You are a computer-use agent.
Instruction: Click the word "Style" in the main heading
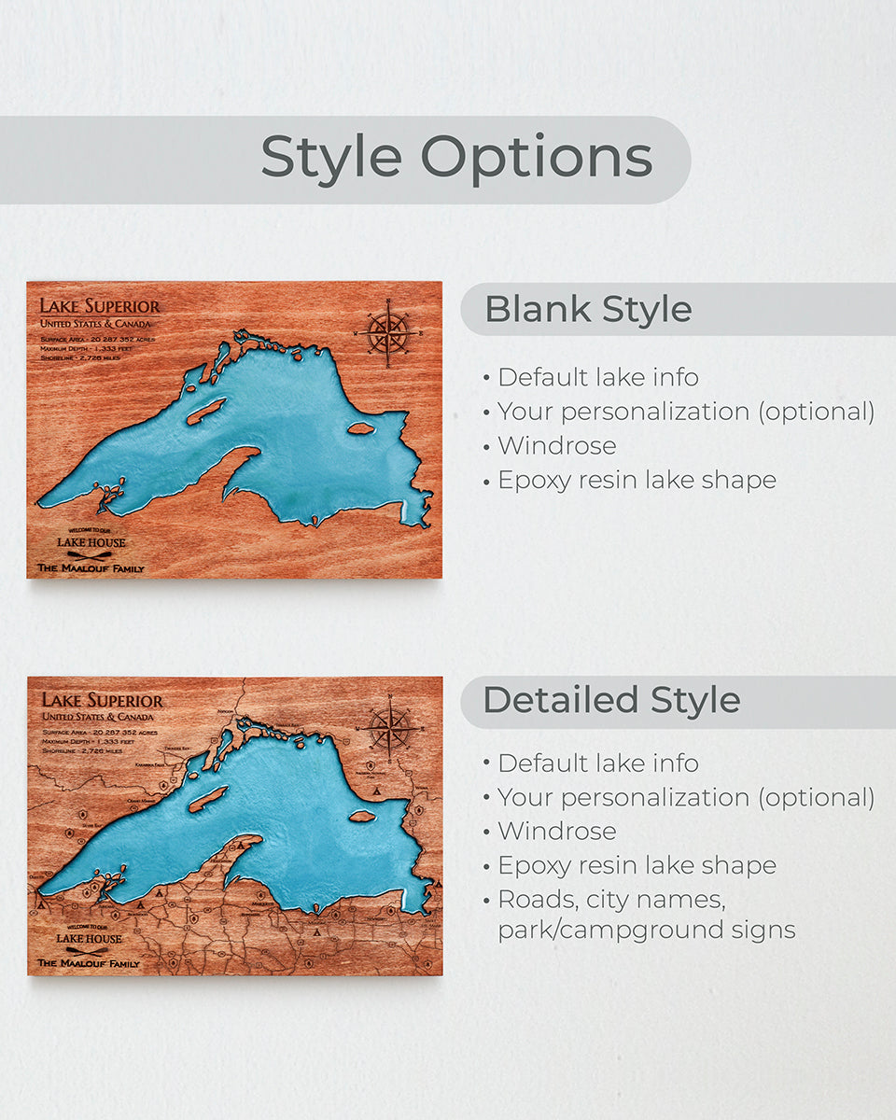(330, 157)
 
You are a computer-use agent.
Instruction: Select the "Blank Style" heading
(588, 310)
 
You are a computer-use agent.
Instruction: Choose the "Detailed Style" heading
(611, 700)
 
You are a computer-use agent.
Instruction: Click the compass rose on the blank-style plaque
(387, 330)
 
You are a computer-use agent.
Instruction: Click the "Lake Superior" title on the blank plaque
(99, 306)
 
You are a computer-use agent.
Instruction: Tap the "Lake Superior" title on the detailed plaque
(102, 700)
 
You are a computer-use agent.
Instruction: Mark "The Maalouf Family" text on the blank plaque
(91, 567)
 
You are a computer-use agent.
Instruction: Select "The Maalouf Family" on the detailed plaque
(89, 963)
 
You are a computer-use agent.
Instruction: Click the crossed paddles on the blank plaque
(90, 555)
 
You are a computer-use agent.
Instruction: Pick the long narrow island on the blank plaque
(206, 411)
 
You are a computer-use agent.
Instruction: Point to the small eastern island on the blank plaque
(361, 429)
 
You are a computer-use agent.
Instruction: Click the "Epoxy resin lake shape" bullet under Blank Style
(637, 480)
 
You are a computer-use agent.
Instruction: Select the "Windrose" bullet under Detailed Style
(556, 831)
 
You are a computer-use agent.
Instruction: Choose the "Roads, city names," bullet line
(611, 900)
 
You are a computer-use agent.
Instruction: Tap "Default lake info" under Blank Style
(597, 377)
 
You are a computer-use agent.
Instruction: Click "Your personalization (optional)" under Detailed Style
(685, 797)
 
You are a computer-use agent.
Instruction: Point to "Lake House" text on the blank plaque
(91, 542)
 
